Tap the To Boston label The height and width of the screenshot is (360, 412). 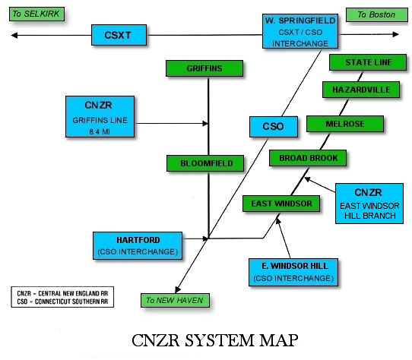(372, 14)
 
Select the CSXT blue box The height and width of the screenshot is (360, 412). (118, 34)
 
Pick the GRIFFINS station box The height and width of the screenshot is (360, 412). (204, 68)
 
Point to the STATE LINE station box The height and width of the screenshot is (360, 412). (368, 62)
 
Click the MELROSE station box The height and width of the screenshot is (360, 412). (335, 123)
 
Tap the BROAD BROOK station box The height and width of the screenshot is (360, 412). (308, 158)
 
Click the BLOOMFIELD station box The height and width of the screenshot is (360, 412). (206, 163)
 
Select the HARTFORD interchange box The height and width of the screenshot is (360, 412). (137, 244)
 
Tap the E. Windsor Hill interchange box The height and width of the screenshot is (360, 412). (292, 273)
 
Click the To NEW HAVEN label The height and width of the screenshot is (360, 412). (174, 300)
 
